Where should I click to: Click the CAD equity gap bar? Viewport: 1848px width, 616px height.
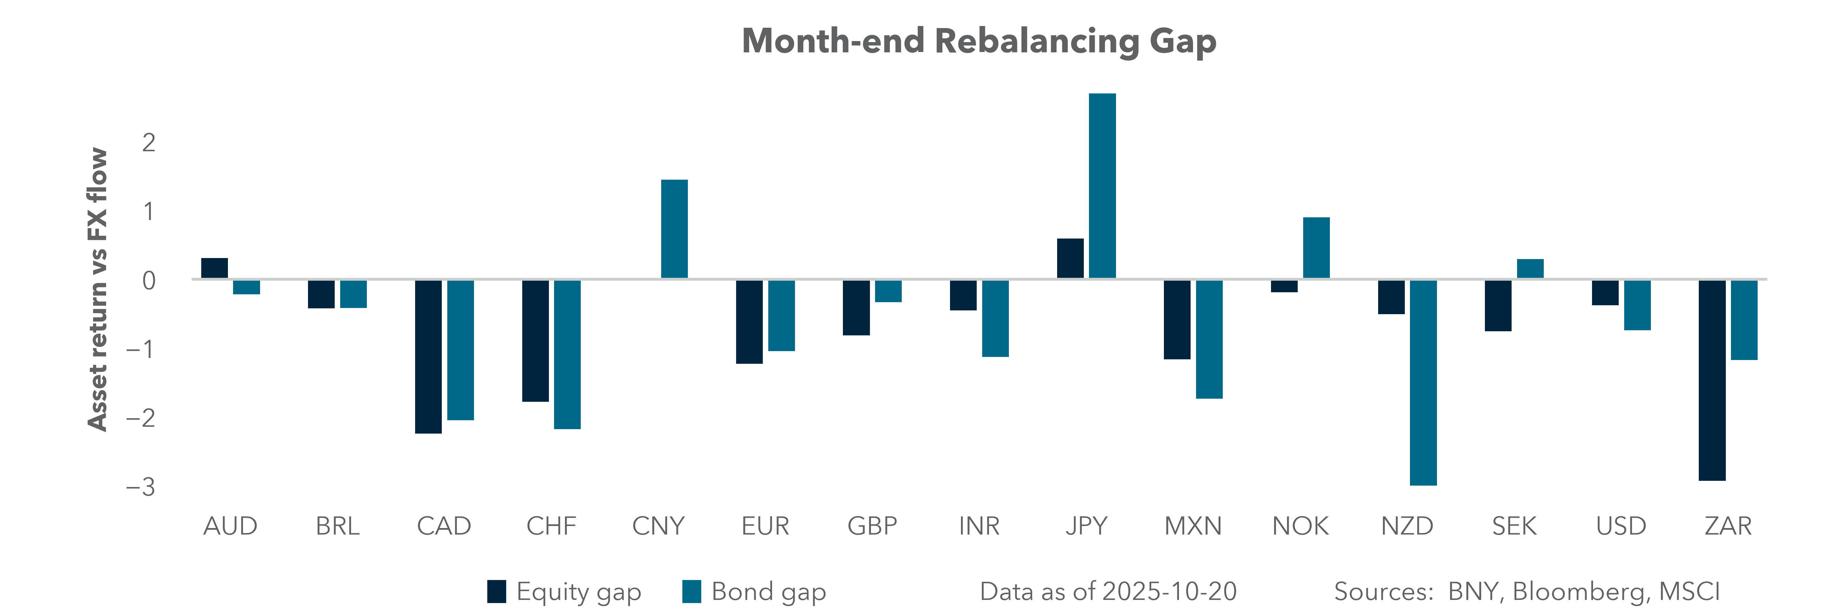(x=428, y=356)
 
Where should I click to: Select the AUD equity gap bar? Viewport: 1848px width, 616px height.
(x=215, y=268)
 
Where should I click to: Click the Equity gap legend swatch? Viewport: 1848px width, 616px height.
(x=497, y=592)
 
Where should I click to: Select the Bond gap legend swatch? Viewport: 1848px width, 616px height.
(x=692, y=592)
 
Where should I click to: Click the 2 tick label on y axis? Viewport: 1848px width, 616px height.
(x=149, y=143)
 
